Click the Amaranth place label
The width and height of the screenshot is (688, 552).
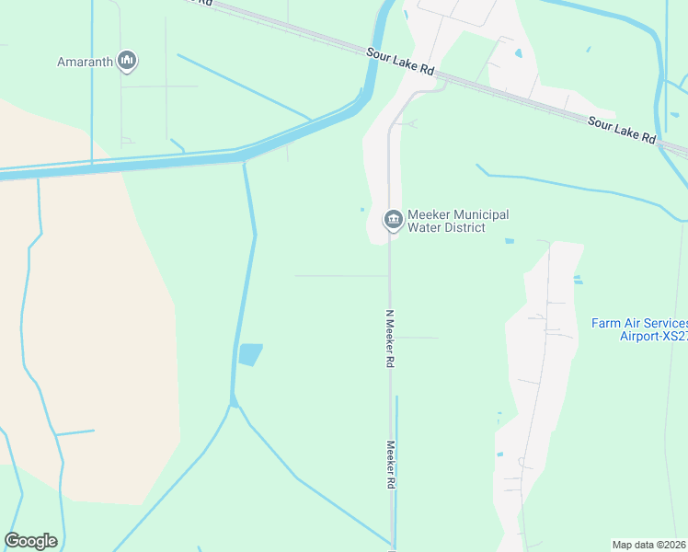[x=85, y=62]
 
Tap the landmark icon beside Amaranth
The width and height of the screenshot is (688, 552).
[x=127, y=62]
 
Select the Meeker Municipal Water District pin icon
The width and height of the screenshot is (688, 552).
[x=393, y=220]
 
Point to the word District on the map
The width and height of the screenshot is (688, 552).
[x=463, y=227]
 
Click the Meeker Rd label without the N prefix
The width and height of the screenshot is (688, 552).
[x=391, y=465]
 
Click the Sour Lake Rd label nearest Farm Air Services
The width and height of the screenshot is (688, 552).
[x=622, y=129]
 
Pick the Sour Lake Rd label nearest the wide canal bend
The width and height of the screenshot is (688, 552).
[x=400, y=63]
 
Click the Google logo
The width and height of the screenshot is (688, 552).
[x=31, y=541]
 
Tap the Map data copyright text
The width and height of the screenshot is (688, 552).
[x=649, y=545]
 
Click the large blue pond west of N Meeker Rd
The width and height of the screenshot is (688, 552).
[x=250, y=354]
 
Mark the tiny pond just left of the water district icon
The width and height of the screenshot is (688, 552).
[x=362, y=210]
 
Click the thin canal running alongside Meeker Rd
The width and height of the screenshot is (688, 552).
[x=396, y=460]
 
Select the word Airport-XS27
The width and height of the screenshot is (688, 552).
[x=654, y=336]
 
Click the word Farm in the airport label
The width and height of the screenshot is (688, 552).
[x=604, y=323]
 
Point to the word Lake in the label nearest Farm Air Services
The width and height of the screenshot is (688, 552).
[x=623, y=129]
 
